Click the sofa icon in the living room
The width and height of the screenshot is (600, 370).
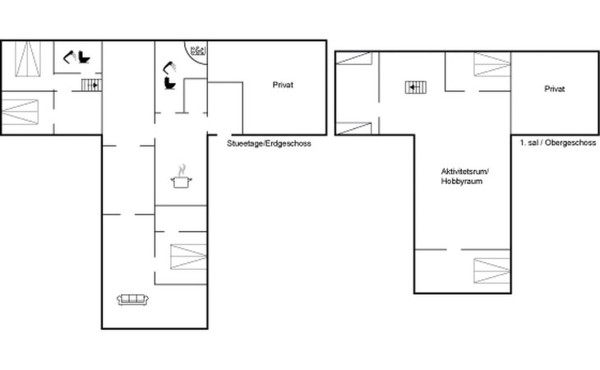click(133, 299)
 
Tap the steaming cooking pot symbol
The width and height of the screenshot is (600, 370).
click(181, 177)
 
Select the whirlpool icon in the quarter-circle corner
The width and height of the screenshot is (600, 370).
click(198, 50)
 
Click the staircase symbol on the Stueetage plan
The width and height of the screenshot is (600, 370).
click(91, 85)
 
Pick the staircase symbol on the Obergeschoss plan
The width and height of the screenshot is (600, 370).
click(416, 88)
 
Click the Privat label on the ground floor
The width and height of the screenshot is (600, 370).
click(283, 85)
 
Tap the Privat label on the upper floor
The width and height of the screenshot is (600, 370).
click(555, 89)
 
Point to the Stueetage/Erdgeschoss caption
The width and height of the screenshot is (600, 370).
click(269, 144)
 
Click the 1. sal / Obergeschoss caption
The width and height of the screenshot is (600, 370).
click(557, 143)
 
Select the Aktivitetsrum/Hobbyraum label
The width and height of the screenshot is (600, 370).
click(464, 176)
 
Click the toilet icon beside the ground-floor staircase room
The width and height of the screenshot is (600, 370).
click(84, 58)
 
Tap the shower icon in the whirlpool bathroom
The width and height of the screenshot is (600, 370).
click(170, 68)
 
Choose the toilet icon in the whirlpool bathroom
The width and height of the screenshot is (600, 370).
click(169, 83)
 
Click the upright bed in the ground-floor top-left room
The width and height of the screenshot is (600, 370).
click(28, 58)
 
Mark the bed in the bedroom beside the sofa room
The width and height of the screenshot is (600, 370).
click(188, 257)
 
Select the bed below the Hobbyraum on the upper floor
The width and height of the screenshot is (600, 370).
click(492, 271)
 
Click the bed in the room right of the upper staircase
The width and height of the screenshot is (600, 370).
click(492, 64)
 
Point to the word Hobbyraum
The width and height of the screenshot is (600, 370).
click(461, 182)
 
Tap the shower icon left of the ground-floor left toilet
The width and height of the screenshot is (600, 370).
click(70, 57)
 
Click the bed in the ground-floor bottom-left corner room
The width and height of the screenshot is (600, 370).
click(21, 112)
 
